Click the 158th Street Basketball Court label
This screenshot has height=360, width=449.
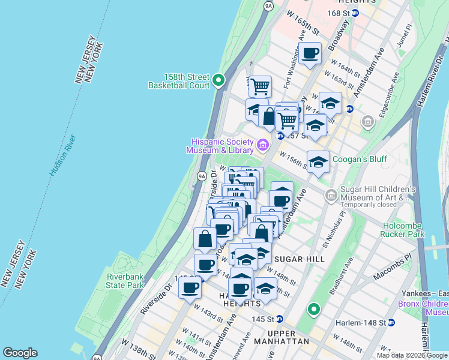[179, 81]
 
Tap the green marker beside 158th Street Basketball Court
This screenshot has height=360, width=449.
[219, 80]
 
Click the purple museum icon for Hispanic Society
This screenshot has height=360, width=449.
[262, 145]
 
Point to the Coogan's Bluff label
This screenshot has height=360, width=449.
[360, 159]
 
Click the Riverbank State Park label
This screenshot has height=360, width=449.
[125, 280]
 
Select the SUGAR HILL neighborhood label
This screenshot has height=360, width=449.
[299, 259]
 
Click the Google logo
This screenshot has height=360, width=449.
[20, 353]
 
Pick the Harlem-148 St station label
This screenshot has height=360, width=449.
[361, 322]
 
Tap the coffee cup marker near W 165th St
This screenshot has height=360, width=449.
[310, 53]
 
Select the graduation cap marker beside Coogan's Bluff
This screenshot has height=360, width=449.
[318, 161]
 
